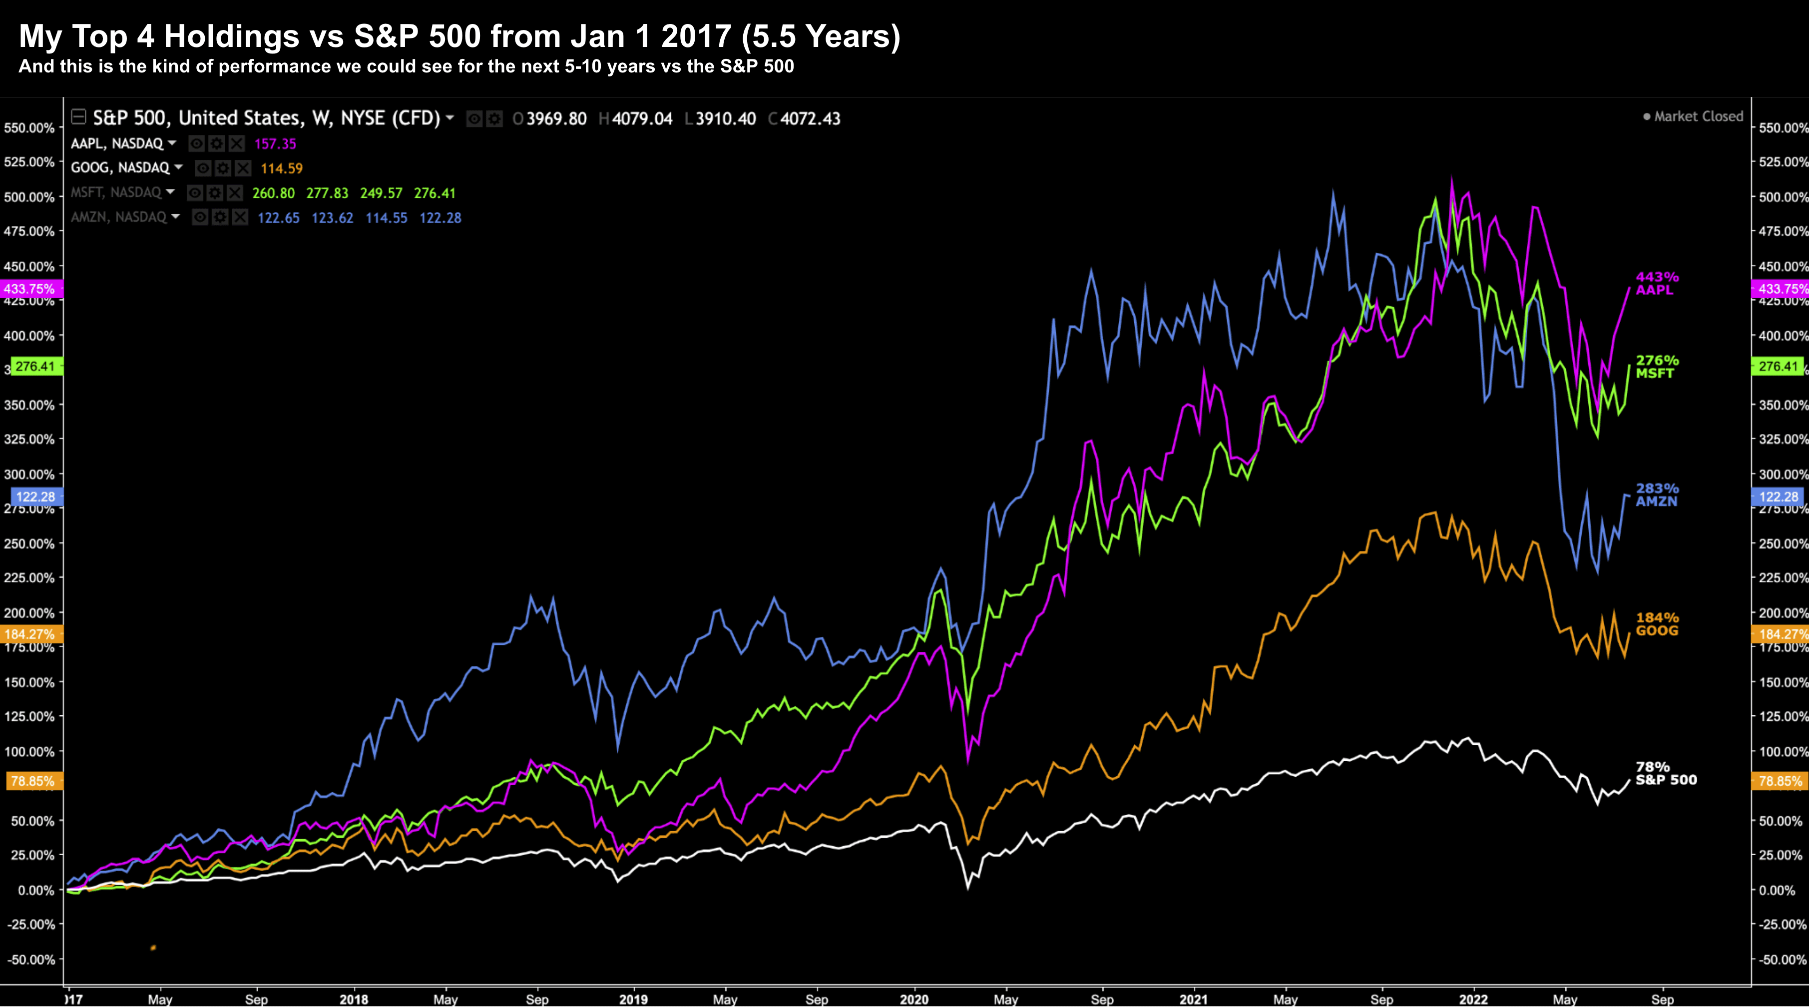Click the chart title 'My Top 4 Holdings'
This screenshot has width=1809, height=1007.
coord(459,36)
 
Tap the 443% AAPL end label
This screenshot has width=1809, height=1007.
coord(1657,284)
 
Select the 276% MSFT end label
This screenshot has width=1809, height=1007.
coord(1657,367)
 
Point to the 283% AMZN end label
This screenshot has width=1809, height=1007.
coord(1657,495)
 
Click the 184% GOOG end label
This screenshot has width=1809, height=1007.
coord(1657,623)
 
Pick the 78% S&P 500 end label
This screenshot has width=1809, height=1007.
coord(1665,773)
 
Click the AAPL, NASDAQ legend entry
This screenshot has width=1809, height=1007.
coord(117,144)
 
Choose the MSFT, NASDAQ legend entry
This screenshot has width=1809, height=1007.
coord(116,192)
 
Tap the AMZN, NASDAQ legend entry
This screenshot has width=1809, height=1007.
coord(119,217)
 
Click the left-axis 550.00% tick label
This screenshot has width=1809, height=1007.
coord(29,128)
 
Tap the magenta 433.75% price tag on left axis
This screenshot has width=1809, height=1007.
coord(29,289)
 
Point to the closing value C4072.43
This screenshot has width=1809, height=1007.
coord(805,119)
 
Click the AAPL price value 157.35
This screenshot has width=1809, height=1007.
coord(275,144)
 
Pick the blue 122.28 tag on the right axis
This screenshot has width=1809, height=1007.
coord(1778,497)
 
